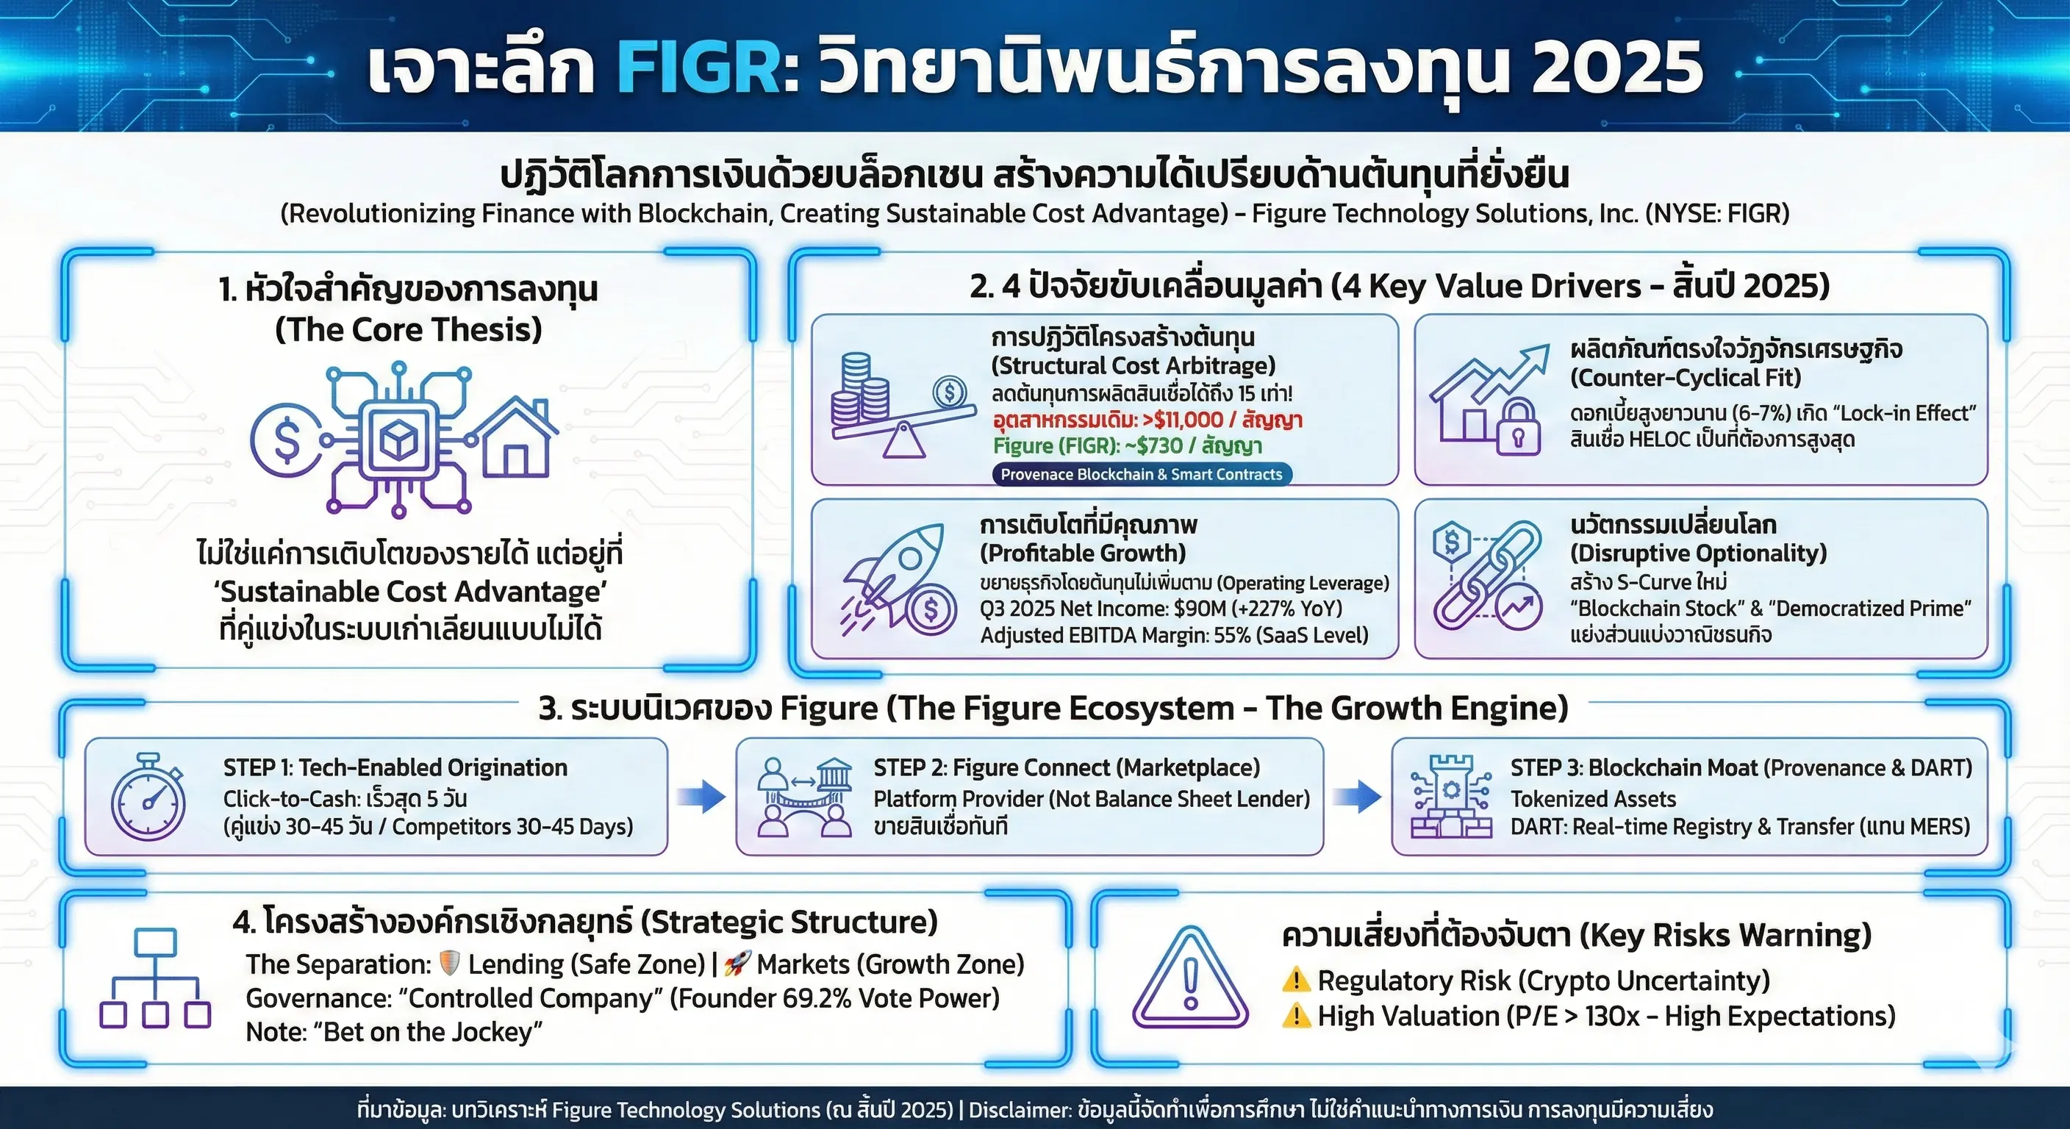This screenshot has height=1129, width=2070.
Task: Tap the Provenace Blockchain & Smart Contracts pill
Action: click(x=1141, y=474)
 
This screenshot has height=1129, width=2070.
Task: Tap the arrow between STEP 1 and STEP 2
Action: click(x=701, y=796)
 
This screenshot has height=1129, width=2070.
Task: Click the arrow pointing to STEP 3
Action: click(x=1357, y=796)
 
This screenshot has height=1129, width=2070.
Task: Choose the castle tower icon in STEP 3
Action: click(x=1451, y=796)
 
